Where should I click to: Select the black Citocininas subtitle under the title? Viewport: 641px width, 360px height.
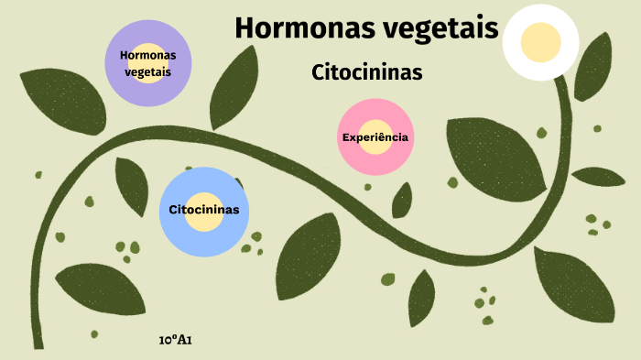(x=367, y=72)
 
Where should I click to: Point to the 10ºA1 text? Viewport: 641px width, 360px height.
(x=175, y=340)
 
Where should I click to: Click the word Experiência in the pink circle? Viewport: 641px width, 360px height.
(x=375, y=137)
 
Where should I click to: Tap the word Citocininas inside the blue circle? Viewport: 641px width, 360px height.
(x=204, y=210)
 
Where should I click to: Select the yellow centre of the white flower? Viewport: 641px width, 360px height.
(x=540, y=41)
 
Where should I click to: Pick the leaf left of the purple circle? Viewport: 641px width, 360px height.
(x=65, y=100)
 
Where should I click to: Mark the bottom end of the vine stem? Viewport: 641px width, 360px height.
(x=38, y=344)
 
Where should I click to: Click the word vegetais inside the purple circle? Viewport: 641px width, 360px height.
(x=148, y=71)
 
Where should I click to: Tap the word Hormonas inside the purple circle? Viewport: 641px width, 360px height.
(x=148, y=55)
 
